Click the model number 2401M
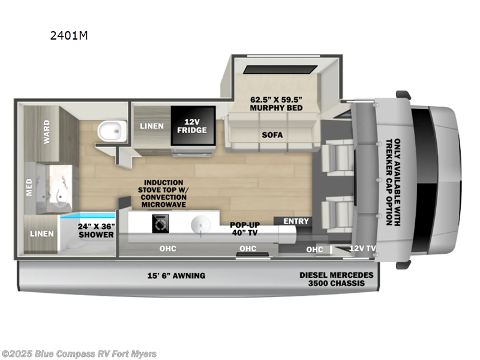tap(69, 35)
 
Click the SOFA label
tap(272, 134)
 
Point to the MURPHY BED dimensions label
tap(276, 103)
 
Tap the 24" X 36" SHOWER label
tap(95, 230)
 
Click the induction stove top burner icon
tap(160, 224)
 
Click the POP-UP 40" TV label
tap(245, 230)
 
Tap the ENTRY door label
tap(296, 221)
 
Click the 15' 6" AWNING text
tap(176, 275)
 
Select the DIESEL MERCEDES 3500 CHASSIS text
tap(336, 279)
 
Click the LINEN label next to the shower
tap(41, 233)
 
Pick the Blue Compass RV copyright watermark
tap(79, 353)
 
